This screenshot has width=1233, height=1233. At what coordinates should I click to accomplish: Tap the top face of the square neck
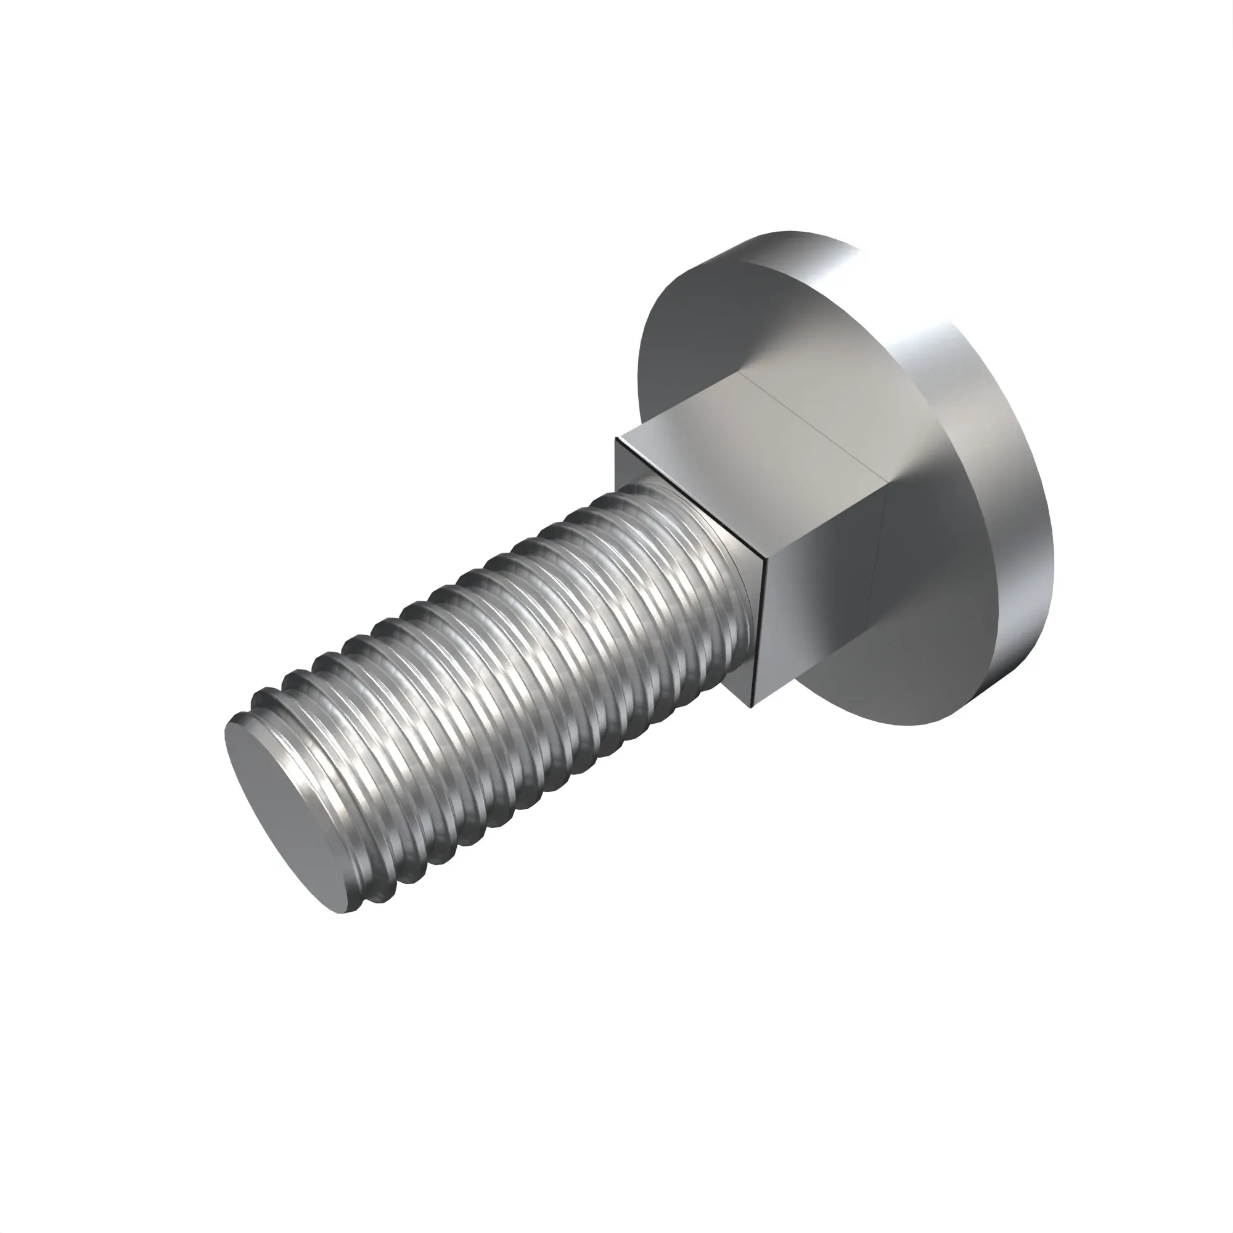pyautogui.click(x=753, y=440)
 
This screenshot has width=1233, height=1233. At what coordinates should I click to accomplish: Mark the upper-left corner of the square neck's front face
pyautogui.click(x=616, y=438)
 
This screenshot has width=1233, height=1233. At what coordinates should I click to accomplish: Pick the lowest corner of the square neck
pyautogui.click(x=754, y=707)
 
